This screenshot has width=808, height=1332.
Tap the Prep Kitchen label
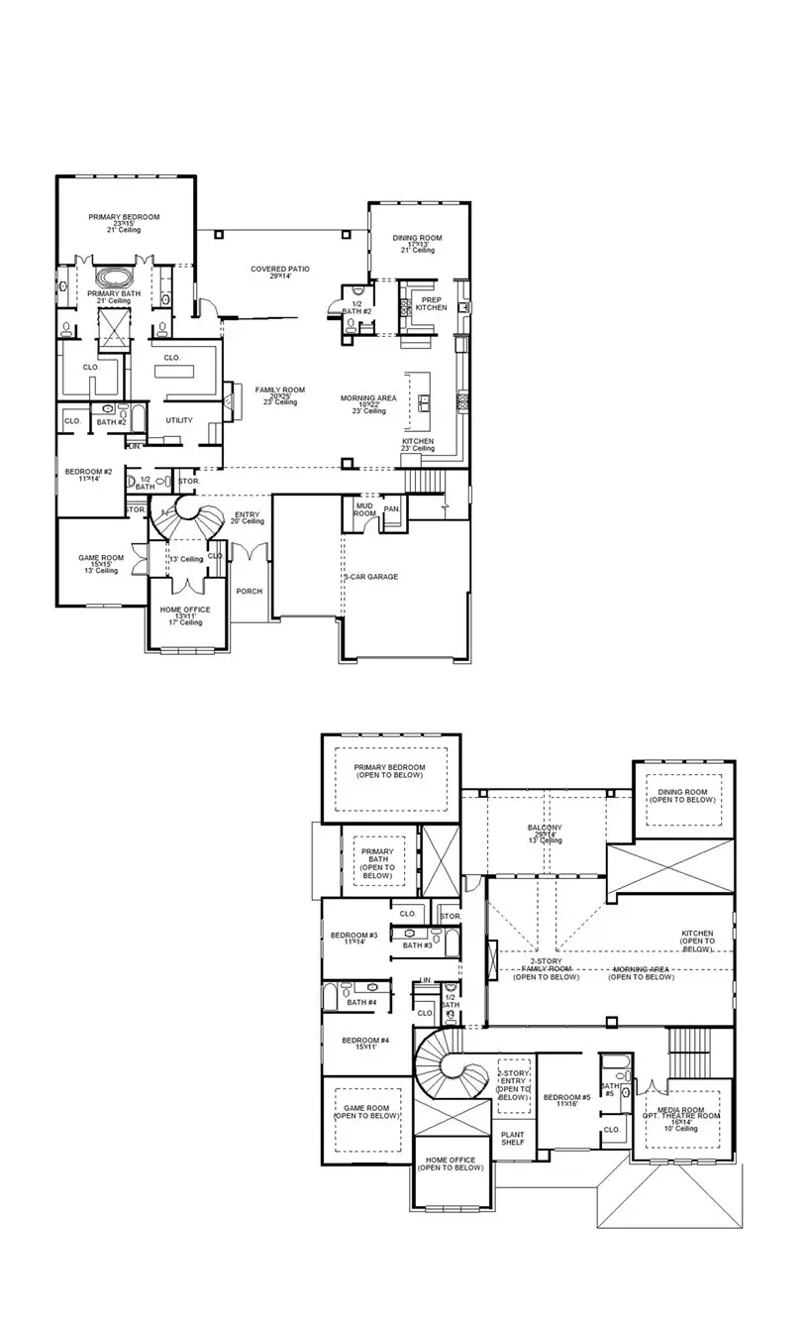point(431,303)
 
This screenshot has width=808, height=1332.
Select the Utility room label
point(179,420)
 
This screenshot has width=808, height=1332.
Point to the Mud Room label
point(364,509)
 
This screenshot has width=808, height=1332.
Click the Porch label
point(249,592)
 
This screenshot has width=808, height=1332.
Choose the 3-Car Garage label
point(371,576)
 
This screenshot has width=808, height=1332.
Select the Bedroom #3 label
point(354,938)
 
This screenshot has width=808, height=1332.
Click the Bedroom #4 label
point(365,1043)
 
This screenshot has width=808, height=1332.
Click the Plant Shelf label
point(513,1139)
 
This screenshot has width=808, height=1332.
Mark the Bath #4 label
point(361,1003)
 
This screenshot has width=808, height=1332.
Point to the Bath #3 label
point(418,945)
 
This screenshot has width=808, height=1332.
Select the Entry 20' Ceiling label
point(248,518)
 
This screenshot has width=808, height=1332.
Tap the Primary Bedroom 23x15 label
point(124,222)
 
